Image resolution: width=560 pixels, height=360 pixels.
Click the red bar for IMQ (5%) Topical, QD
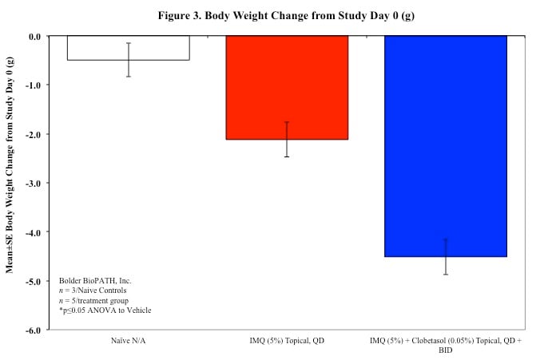coord(287,88)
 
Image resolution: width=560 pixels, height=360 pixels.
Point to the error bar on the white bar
coord(129,60)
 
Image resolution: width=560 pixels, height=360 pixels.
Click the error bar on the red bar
coord(287,139)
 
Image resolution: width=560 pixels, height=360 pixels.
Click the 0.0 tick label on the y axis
coord(35,36)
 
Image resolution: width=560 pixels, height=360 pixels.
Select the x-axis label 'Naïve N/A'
coord(129,341)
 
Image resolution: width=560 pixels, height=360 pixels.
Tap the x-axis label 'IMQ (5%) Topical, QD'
coord(287,341)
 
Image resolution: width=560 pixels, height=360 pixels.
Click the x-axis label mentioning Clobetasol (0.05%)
coord(445,345)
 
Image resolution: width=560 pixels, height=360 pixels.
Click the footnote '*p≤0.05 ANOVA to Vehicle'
coord(105,310)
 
